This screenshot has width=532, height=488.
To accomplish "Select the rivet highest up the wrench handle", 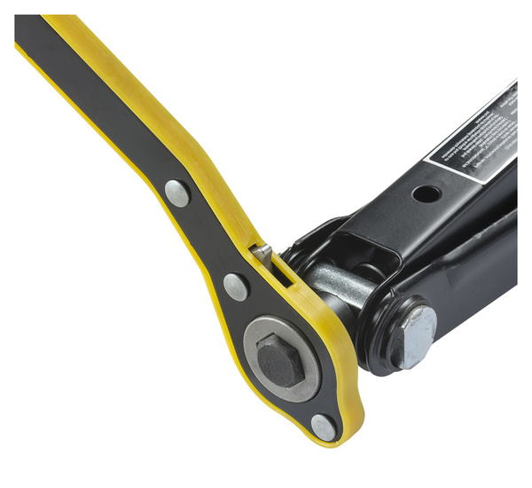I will coord(176,193).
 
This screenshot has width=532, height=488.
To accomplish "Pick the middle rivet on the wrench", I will coord(236,286).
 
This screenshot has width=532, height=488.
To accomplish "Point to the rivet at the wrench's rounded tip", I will coord(324,428).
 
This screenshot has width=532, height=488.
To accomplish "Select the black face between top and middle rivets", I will coord(206,240).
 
